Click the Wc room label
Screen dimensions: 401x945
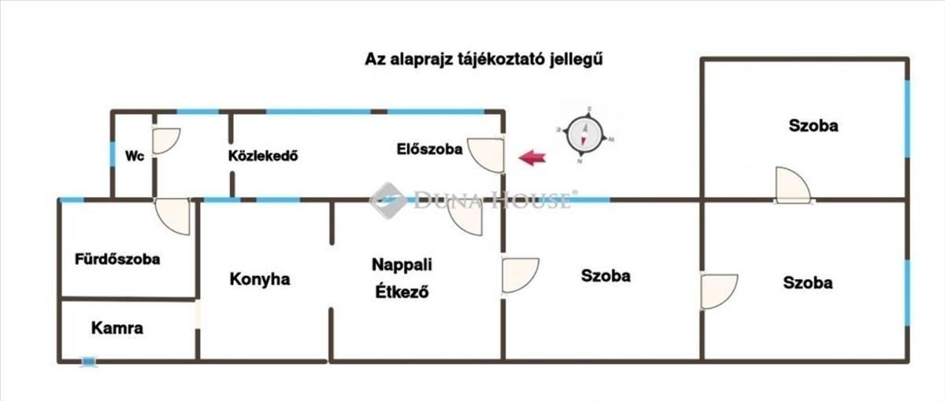(x=134, y=156)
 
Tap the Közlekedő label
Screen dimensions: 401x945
(x=262, y=155)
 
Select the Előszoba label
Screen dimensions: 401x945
(x=429, y=149)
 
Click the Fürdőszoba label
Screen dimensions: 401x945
(x=117, y=259)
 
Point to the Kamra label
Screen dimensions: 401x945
(x=117, y=328)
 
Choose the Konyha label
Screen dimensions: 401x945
(x=260, y=278)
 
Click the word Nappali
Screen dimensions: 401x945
(x=402, y=264)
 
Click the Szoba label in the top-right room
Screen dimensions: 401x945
(x=813, y=125)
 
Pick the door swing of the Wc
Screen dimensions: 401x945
(x=165, y=140)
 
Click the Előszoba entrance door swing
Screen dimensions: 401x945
(x=487, y=154)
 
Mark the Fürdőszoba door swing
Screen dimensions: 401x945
(x=173, y=215)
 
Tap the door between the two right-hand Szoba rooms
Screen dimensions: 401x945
(x=792, y=186)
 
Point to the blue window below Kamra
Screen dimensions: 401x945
(x=88, y=362)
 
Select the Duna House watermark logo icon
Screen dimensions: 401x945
(x=387, y=200)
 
